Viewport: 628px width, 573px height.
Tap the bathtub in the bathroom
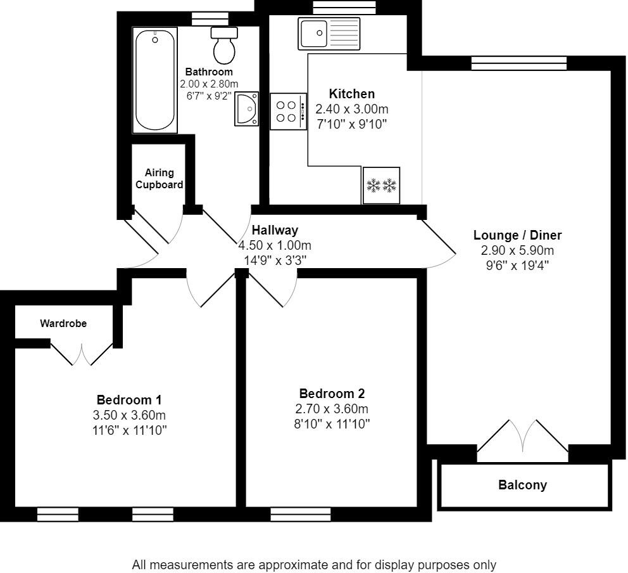point(155,80)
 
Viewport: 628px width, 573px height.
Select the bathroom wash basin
point(247,108)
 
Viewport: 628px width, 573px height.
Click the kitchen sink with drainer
point(329,34)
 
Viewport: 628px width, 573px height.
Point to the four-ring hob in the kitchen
point(289,112)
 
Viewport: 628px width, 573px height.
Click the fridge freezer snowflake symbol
point(381,186)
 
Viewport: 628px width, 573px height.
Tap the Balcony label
point(522,485)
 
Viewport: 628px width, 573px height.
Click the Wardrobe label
point(63,324)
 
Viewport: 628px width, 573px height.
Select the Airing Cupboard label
point(159,179)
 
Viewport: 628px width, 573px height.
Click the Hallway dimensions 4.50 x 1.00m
point(275,245)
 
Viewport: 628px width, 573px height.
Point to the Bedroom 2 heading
point(332,394)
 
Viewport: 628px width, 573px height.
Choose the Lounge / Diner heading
point(517,235)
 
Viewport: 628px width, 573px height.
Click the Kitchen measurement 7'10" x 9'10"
point(351,124)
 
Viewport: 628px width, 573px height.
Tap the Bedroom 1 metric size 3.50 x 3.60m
point(129,415)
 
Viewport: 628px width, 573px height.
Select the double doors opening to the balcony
point(523,436)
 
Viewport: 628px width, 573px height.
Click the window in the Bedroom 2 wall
point(301,515)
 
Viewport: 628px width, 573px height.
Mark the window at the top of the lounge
point(519,63)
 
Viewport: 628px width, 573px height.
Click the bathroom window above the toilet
point(210,19)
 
